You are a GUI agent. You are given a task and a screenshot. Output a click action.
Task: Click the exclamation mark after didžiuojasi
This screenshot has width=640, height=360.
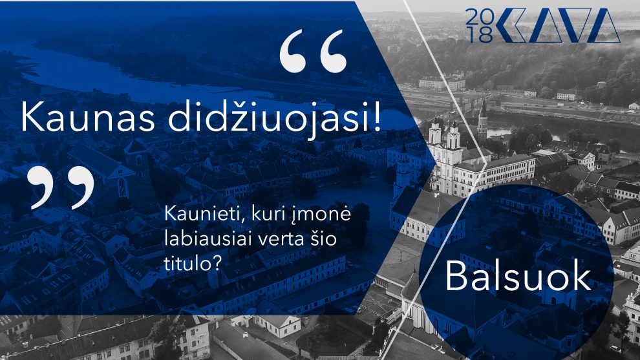point(375,116)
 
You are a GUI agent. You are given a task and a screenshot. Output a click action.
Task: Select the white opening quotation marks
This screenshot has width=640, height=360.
point(313,52)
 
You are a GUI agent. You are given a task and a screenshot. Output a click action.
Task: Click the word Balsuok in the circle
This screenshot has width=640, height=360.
point(518,276)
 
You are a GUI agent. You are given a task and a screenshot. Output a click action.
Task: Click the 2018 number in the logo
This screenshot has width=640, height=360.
point(479,26)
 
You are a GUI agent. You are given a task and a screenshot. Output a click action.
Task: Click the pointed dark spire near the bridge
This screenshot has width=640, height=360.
point(482,118)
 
